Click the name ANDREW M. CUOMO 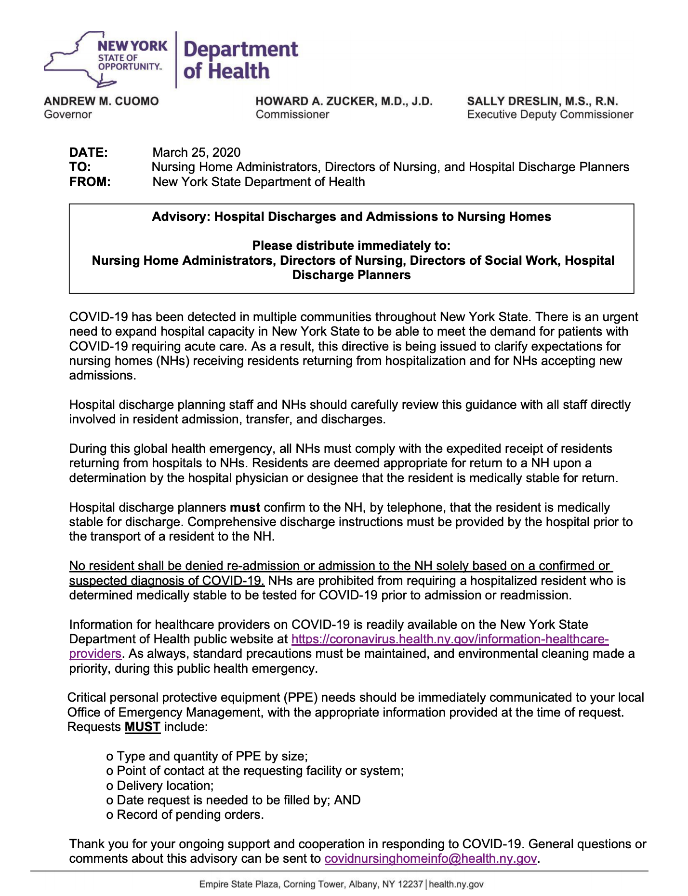(101, 101)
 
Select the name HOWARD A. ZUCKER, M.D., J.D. (344, 101)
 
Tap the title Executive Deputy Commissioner (550, 115)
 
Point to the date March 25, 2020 (196, 152)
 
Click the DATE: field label (89, 152)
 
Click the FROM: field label (90, 182)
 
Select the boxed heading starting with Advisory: (351, 217)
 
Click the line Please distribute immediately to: (351, 246)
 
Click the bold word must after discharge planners (245, 507)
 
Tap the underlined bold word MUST (142, 727)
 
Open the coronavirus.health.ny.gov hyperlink (450, 639)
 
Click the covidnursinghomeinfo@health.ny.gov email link (430, 858)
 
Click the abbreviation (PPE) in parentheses (302, 698)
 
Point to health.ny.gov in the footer (456, 884)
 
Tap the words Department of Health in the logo (240, 60)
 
